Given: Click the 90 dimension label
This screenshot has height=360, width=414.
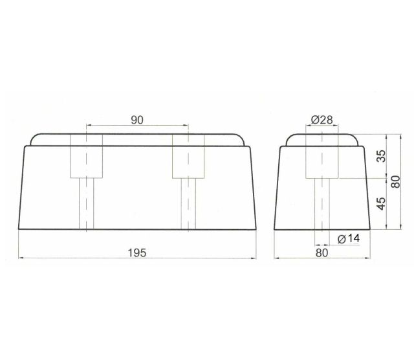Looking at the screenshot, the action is click(137, 120).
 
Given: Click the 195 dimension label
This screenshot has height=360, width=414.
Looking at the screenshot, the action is click(137, 253).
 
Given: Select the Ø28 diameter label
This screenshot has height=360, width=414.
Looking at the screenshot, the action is click(322, 120).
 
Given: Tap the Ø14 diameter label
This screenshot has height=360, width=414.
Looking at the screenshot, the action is click(349, 239).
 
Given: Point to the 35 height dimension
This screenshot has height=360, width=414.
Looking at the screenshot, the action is click(381, 156).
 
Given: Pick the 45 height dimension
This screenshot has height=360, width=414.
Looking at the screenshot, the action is click(381, 203).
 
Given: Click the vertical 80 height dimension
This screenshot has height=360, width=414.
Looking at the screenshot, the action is click(396, 182).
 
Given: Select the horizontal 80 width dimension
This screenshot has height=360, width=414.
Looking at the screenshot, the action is click(322, 253).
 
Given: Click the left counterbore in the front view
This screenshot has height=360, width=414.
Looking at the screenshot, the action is click(86, 156).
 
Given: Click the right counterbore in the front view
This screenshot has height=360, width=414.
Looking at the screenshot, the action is click(188, 156).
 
